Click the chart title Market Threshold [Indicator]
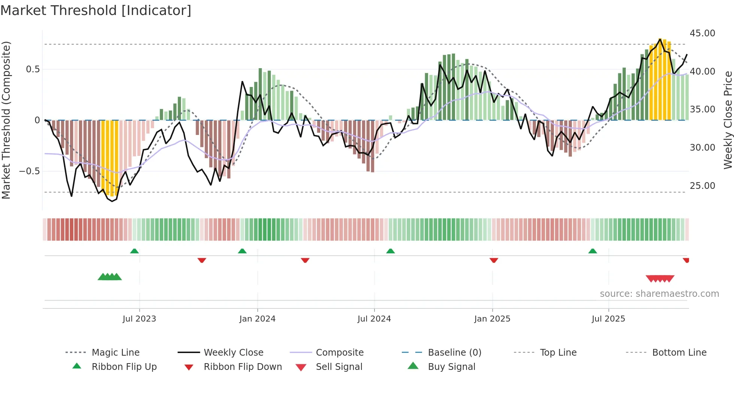coord(96,10)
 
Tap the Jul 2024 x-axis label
coord(374,319)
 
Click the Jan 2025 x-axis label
coord(492,319)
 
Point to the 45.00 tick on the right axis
coord(702,33)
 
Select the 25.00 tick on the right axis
coord(702,186)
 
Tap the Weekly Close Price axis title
coord(728,120)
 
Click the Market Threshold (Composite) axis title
coord(6,120)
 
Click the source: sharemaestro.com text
coord(659,293)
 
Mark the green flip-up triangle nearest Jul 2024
coord(391,251)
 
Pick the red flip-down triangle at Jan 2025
coord(494,260)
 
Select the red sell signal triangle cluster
coord(660,278)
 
